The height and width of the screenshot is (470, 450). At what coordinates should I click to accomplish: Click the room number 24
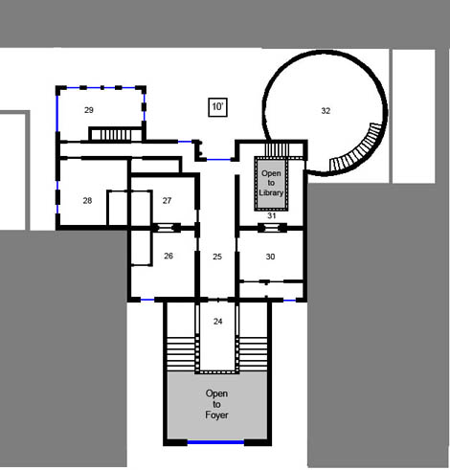point(217,322)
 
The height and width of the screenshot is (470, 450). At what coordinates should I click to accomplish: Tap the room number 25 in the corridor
point(217,257)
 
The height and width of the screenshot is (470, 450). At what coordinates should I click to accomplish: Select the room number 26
point(169,256)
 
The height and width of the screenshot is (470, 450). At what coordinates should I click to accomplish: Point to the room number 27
point(167,200)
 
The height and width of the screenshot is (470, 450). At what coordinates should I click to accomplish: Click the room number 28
point(87,200)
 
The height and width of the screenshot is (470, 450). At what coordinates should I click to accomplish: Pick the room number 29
point(89,110)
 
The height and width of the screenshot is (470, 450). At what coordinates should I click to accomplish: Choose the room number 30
point(270,257)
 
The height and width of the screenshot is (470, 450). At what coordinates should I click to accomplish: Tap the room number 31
point(272,215)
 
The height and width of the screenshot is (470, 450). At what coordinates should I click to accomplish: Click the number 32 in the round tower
point(326,111)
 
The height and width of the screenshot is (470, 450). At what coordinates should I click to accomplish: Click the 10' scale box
point(217,107)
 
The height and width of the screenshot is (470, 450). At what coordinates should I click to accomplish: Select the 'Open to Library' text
point(271,183)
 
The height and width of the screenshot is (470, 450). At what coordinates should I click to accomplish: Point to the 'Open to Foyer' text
point(216,404)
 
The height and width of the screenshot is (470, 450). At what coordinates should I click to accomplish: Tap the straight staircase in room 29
point(115,134)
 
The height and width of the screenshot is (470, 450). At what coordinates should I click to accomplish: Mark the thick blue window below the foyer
point(215,442)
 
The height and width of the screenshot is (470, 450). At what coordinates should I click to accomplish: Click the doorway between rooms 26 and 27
point(166,228)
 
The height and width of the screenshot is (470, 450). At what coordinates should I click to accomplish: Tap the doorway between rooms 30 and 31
point(272,228)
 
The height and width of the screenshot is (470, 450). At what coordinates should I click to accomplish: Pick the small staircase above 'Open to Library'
point(277,150)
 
